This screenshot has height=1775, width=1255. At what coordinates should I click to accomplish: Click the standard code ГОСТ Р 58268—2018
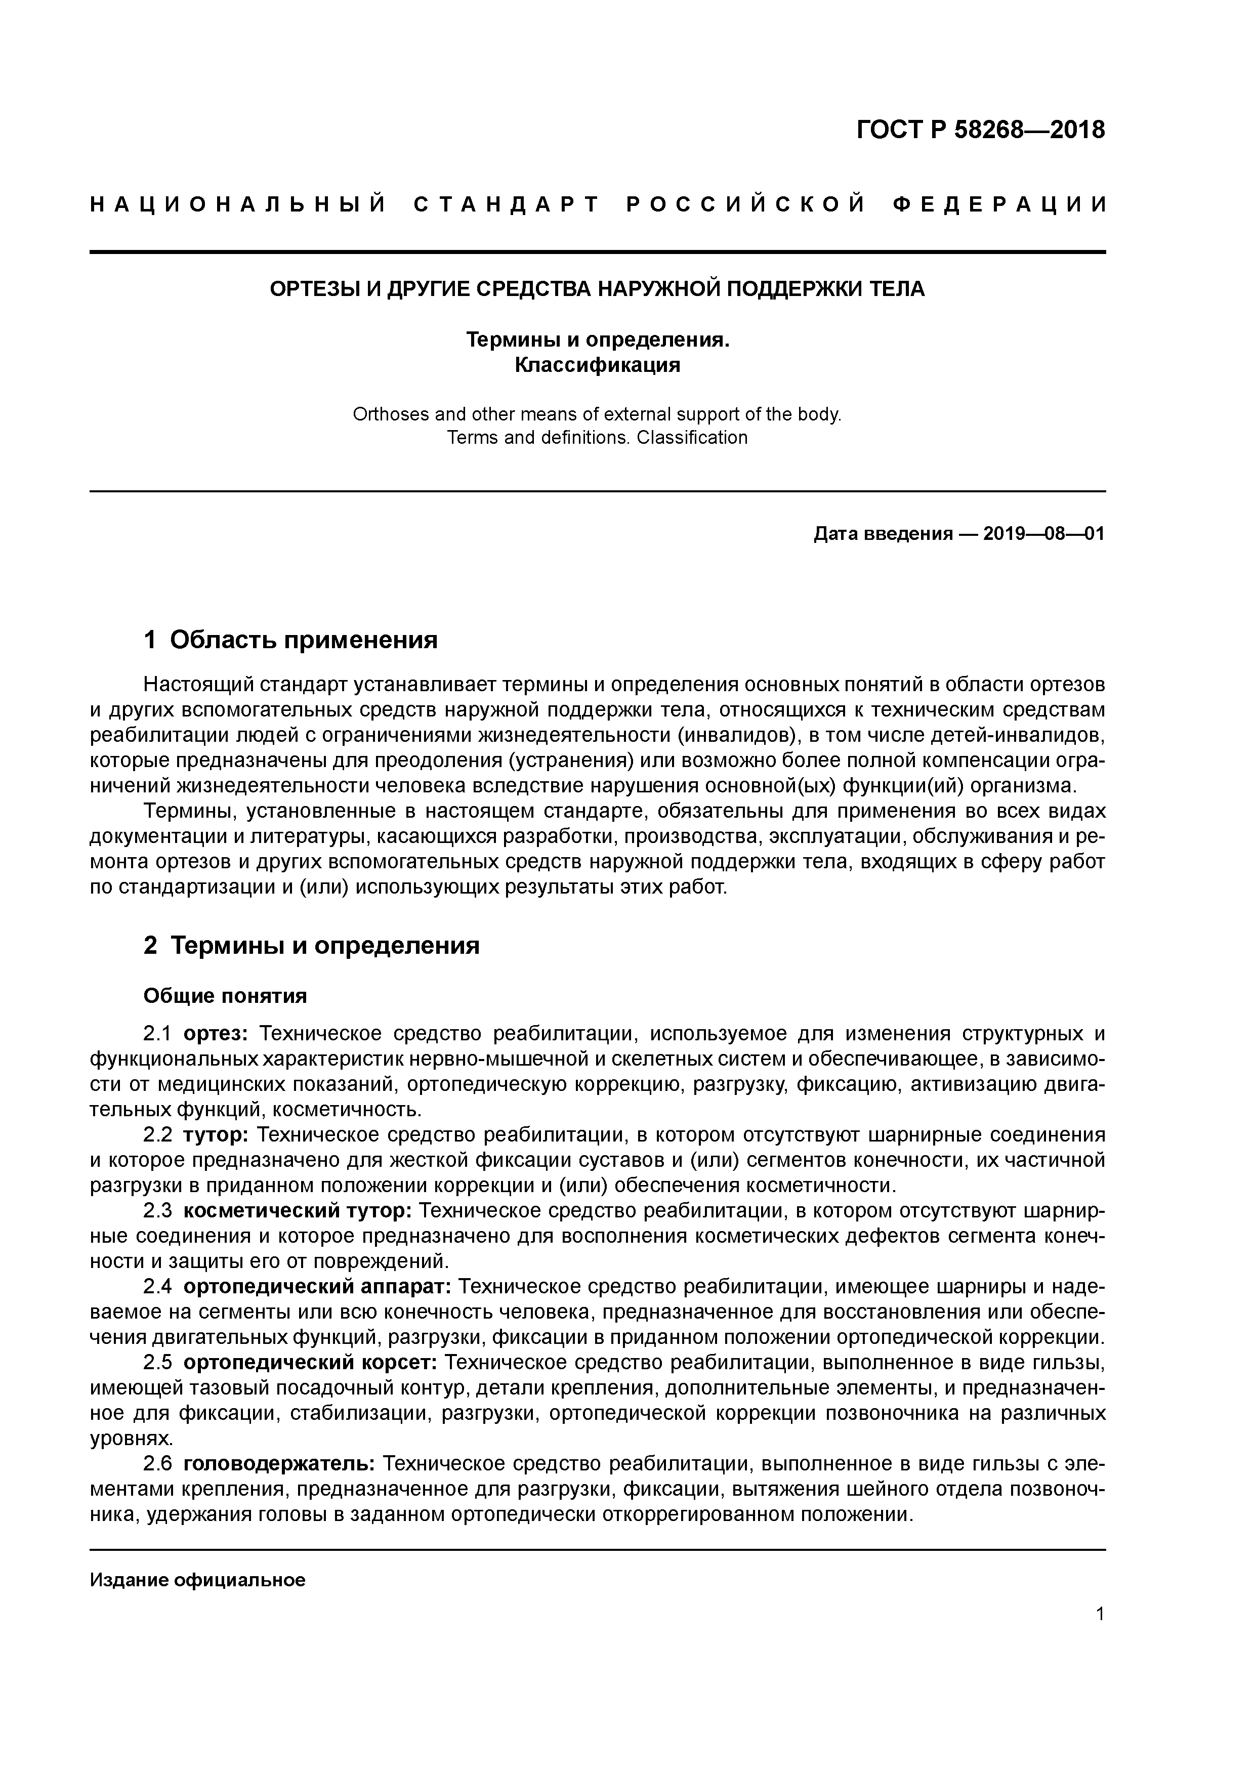click(x=981, y=130)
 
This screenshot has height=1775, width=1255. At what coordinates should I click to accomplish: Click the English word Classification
click(x=692, y=438)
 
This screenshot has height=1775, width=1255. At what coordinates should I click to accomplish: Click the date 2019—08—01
click(x=1044, y=534)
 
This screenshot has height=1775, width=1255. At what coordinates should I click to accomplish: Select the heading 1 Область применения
click(x=291, y=640)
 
